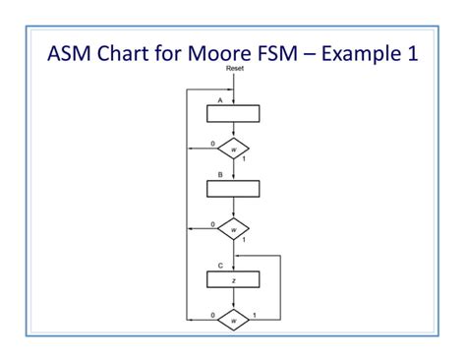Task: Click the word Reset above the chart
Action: (x=234, y=69)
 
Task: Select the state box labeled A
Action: (x=233, y=113)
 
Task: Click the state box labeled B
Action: (x=233, y=189)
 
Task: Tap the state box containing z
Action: (x=233, y=279)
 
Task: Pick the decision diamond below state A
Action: (x=233, y=150)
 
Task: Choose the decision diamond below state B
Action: (x=233, y=229)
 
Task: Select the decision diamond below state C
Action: (x=233, y=320)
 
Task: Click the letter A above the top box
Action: (x=219, y=99)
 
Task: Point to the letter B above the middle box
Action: (x=220, y=174)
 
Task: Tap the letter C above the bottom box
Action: (x=220, y=266)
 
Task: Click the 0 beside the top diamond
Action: (x=212, y=145)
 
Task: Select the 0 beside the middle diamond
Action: (x=212, y=224)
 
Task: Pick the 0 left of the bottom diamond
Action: (x=212, y=315)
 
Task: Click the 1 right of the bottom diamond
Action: (x=255, y=315)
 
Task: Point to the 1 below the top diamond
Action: (x=243, y=159)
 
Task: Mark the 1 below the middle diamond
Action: (x=243, y=239)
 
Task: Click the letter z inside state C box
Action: (x=233, y=280)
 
